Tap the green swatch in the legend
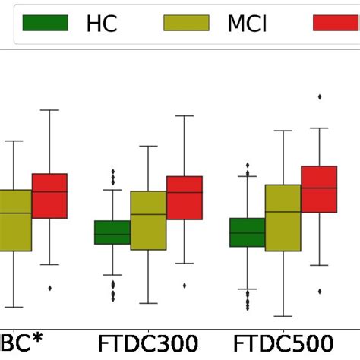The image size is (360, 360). coord(46,24)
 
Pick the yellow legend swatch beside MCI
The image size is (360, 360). coord(186,24)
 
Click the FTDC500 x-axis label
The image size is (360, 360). coord(284,343)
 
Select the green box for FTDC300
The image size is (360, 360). coord(112,232)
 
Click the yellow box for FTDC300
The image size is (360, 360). coord(148,220)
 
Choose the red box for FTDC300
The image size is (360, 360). coord(185,198)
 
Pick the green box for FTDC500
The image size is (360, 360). coord(247,232)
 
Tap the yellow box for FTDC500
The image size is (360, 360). coord(283,217)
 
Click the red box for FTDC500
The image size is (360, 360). coord(319,189)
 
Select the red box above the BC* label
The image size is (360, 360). coord(49,196)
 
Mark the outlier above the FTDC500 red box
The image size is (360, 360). coord(320,96)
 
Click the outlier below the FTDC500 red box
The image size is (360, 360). coord(320,291)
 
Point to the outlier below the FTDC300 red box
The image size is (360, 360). coord(185,286)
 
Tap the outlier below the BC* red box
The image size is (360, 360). coord(50,288)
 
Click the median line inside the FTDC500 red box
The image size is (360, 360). coord(319,188)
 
